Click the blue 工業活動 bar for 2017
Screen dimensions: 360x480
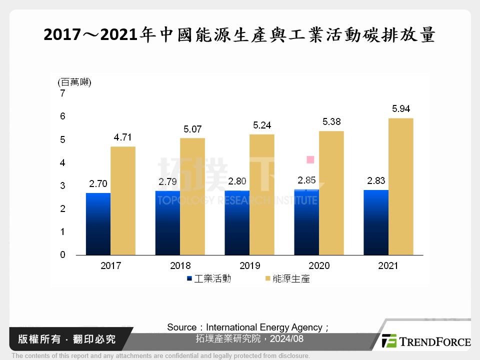point(98,224)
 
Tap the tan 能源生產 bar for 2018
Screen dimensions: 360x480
point(192,196)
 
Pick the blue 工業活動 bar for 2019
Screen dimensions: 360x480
point(237,222)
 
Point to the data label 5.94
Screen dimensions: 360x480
point(400,108)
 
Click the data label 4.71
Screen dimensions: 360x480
point(123,137)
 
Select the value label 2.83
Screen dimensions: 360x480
point(376,180)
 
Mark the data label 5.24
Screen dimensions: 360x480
point(261,125)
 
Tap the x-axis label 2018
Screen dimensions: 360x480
point(180,265)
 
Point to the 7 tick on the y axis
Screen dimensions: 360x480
point(62,93)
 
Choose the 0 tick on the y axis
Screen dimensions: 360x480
point(62,255)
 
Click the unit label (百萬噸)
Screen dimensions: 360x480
point(74,82)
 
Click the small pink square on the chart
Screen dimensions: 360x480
point(310,159)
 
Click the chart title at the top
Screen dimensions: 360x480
point(239,36)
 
